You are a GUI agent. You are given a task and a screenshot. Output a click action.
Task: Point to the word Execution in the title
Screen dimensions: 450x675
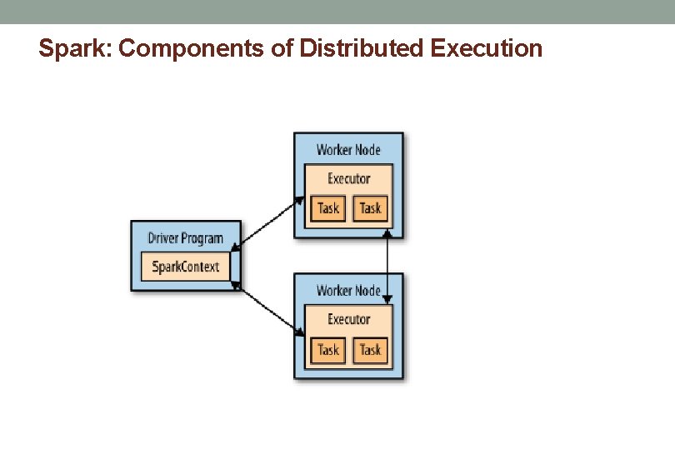[487, 49]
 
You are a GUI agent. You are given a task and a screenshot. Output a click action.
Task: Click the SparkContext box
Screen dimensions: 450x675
[186, 267]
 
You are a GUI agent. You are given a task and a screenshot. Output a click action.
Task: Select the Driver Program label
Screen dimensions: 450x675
[186, 238]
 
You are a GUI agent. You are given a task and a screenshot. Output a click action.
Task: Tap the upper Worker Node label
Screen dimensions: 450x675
[348, 150]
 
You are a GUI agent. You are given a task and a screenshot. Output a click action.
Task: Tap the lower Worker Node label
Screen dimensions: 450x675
[348, 291]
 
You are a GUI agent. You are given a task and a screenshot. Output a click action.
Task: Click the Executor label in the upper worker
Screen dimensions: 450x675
[348, 178]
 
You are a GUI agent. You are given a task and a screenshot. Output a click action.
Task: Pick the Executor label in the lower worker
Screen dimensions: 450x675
[348, 319]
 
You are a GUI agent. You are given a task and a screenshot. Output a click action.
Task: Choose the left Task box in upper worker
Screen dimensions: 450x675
[328, 207]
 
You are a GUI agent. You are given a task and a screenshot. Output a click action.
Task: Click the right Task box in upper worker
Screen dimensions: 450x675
[370, 207]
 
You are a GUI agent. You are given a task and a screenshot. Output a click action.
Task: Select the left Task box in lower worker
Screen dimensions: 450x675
[328, 349]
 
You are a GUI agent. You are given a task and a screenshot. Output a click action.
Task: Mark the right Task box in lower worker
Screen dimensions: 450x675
[370, 349]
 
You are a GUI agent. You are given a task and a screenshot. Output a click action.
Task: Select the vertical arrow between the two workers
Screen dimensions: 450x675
[387, 262]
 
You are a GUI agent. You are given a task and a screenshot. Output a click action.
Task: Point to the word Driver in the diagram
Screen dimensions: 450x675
[162, 238]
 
